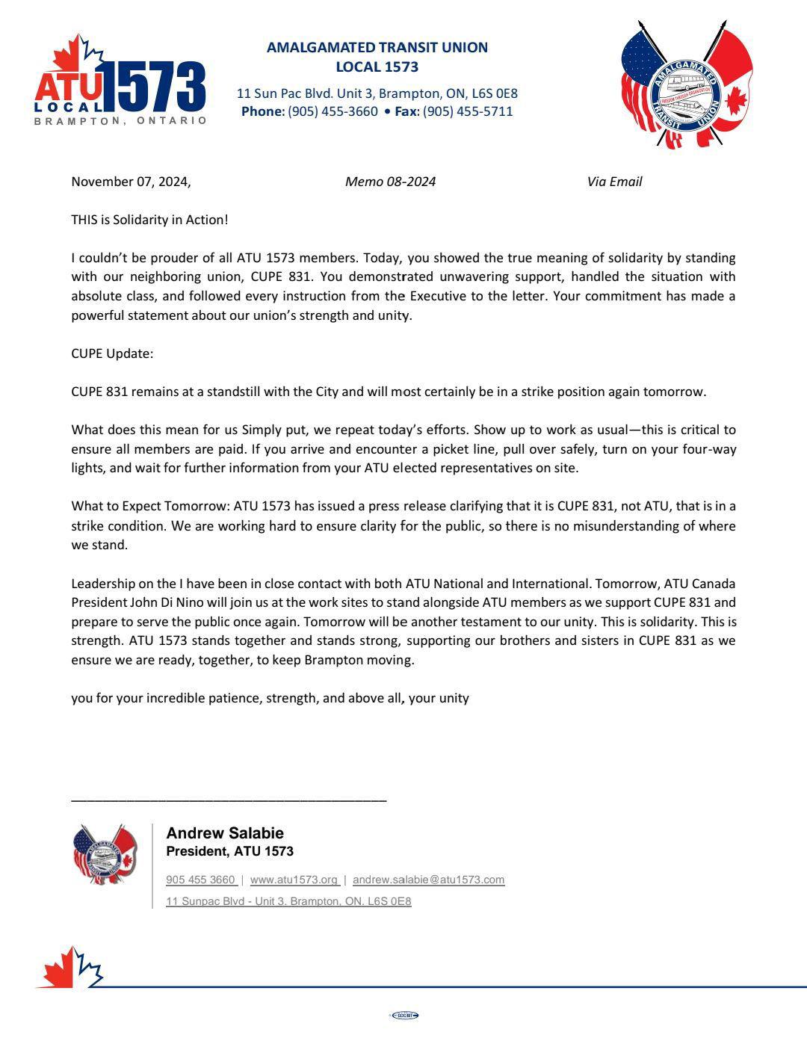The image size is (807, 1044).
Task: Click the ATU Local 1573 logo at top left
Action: [120, 84]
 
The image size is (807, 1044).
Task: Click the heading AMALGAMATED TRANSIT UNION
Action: [377, 47]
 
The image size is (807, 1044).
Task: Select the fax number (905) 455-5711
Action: [468, 111]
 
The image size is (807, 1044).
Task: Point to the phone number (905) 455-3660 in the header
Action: [333, 111]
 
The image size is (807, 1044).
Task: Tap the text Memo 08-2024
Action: [390, 182]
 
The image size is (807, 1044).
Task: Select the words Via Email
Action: [614, 182]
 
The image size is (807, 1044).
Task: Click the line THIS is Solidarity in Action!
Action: [149, 220]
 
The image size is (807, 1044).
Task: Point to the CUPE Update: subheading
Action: [112, 353]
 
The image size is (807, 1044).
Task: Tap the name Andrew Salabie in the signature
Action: [225, 833]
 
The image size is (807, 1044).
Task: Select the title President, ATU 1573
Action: [229, 851]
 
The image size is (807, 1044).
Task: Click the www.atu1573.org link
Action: [294, 880]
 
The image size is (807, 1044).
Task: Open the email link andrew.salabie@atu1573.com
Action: [428, 880]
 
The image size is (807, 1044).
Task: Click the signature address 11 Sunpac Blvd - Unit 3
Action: [288, 901]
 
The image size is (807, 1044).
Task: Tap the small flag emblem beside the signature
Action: [104, 854]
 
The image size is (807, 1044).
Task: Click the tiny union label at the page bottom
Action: [404, 1015]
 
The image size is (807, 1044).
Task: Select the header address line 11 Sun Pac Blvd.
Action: [377, 93]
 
